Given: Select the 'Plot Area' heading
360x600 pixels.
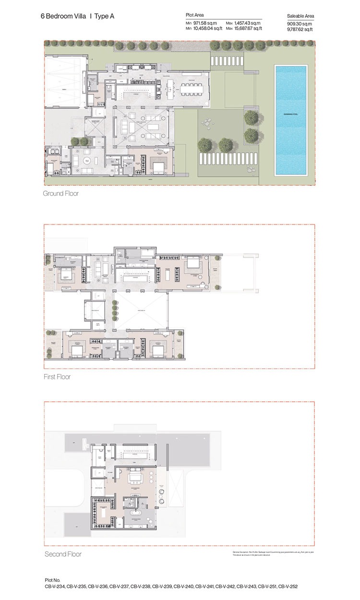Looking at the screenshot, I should click(x=195, y=15).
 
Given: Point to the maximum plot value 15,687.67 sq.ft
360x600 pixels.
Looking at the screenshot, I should click(x=248, y=29).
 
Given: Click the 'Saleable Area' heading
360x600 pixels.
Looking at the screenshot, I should click(x=300, y=16).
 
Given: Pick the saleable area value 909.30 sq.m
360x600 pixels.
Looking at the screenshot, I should click(x=300, y=23).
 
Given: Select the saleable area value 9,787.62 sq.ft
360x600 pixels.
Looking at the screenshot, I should click(x=300, y=29).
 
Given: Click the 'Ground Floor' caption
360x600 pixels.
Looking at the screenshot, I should click(x=60, y=194).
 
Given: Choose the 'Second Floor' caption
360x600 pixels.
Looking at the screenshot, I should click(x=63, y=554).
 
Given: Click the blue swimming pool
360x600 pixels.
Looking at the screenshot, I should click(x=290, y=120).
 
